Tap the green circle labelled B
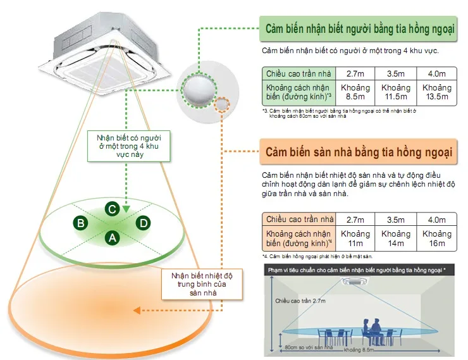80,223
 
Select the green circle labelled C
111,208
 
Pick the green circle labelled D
144,223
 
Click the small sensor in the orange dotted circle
223,104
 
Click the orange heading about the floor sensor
358,152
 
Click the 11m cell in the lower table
355,239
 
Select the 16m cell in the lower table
437,239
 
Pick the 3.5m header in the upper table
396,73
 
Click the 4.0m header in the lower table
437,220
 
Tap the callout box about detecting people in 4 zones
123,146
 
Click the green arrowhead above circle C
126,208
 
